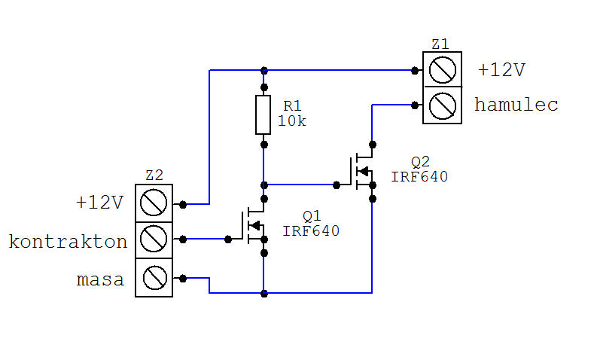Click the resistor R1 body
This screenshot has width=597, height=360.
(263, 115)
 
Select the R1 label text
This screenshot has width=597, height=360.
(292, 105)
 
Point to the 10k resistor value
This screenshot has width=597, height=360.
(291, 121)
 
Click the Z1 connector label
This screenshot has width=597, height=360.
(440, 44)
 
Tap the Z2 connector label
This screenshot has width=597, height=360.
(154, 175)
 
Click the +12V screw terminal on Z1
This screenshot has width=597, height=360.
(443, 70)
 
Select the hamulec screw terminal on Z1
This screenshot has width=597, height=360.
(443, 105)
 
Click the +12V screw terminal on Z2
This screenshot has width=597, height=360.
(154, 203)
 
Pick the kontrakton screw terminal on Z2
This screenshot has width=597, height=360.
(154, 239)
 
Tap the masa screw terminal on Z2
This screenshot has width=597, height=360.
(155, 278)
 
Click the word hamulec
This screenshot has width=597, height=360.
(516, 105)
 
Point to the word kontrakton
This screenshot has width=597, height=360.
(68, 242)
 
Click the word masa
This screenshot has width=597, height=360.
(100, 279)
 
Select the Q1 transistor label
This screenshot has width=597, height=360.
(312, 216)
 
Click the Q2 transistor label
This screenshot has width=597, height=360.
(420, 162)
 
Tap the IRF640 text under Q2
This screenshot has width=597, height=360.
(419, 177)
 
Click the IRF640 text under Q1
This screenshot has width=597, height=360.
(311, 231)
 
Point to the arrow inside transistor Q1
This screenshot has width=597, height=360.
(254, 225)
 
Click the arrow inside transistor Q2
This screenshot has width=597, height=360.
(363, 172)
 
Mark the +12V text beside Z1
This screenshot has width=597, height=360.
(502, 70)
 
